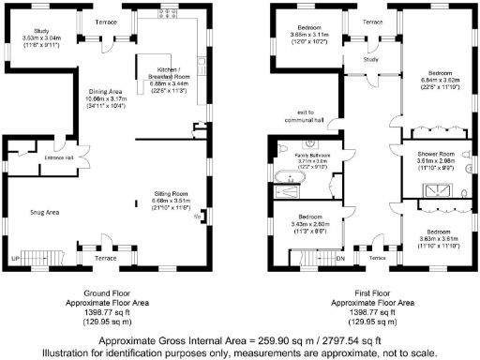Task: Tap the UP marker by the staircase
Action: point(15,257)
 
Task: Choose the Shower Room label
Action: point(435,155)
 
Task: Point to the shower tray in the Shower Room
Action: point(435,190)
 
